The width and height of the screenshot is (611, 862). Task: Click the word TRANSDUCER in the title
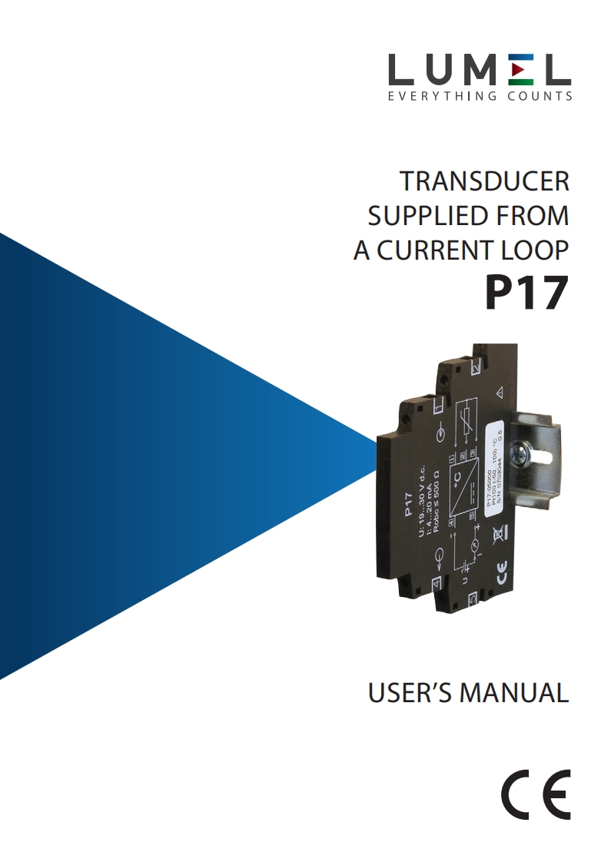click(485, 182)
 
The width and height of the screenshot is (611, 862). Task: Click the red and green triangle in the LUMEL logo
click(520, 71)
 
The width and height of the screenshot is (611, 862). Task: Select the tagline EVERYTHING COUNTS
click(480, 97)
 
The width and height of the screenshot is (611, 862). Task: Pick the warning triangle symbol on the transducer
click(499, 393)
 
